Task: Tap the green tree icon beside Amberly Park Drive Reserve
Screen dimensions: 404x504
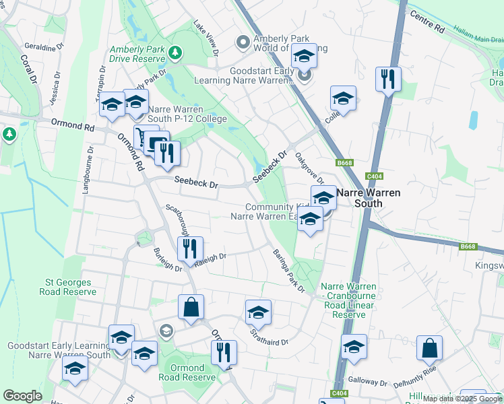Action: [175, 52]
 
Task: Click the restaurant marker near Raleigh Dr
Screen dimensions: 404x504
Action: [191, 248]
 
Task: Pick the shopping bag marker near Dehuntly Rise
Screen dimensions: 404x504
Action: [429, 347]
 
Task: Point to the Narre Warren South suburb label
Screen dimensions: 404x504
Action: [368, 198]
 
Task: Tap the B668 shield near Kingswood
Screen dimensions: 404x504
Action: [469, 247]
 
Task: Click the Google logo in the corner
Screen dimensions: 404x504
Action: [22, 396]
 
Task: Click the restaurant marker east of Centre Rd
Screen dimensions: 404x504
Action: [387, 79]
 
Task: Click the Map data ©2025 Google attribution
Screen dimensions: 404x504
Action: [462, 399]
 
